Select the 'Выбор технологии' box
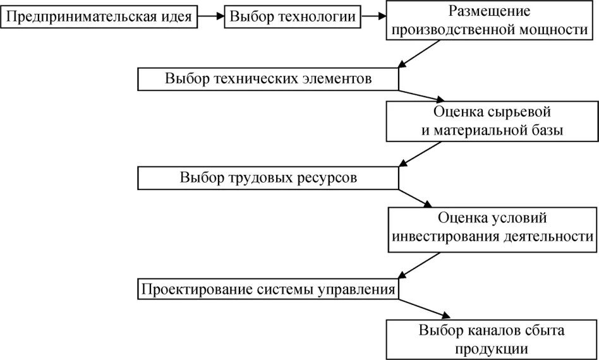292,17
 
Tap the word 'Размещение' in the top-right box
490,11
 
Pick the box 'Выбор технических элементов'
269,79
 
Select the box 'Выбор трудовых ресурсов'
269,178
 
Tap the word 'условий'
518,219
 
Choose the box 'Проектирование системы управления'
269,290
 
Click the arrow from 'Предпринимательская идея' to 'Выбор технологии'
210,17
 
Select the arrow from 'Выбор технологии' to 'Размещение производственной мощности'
373,17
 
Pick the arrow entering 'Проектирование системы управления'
417,265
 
